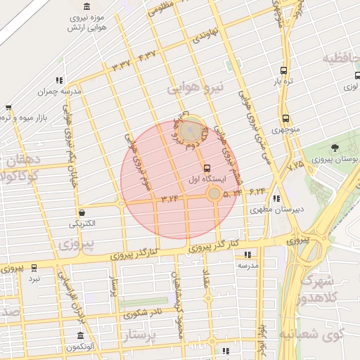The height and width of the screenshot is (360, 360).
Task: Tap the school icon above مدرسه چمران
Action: click(x=60, y=80)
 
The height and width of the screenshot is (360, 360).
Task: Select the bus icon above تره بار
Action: click(x=283, y=70)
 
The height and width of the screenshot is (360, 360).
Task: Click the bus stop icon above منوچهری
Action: click(x=285, y=119)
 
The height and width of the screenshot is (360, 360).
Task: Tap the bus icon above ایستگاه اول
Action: click(x=207, y=169)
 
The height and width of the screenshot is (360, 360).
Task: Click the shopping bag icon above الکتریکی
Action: click(x=82, y=212)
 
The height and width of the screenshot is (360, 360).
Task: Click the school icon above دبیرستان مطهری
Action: click(x=276, y=198)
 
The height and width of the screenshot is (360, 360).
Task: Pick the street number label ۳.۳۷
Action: click(x=122, y=65)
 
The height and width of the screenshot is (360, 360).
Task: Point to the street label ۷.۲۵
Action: click(x=295, y=164)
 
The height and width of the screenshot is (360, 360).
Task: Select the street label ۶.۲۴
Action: click(x=257, y=190)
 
